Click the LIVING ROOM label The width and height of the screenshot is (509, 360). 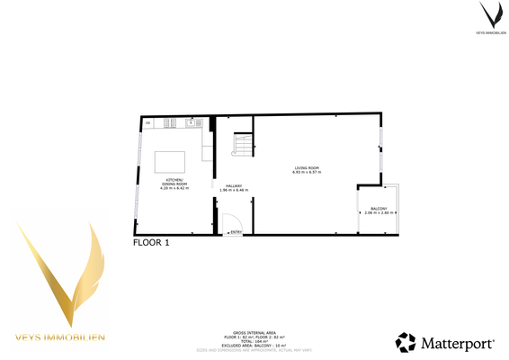pos(307,168)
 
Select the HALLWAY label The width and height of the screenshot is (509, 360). pos(234,186)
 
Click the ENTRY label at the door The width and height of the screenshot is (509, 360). pos(236,233)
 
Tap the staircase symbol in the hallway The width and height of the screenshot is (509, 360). pos(243,145)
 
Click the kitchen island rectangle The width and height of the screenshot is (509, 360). pos(171,161)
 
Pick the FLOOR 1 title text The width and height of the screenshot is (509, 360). pos(151,242)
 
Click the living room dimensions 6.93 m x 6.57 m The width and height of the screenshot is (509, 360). pos(307,173)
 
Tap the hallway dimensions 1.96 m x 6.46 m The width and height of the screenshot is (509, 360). pos(234,191)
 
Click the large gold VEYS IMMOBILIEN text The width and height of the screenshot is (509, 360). pos(60,337)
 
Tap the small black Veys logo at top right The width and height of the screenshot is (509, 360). pos(490,16)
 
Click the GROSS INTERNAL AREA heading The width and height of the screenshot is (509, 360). pos(254,330)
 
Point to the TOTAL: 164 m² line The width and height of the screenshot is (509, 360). pos(254,339)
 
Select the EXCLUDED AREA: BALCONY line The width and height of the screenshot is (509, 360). pos(254,344)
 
